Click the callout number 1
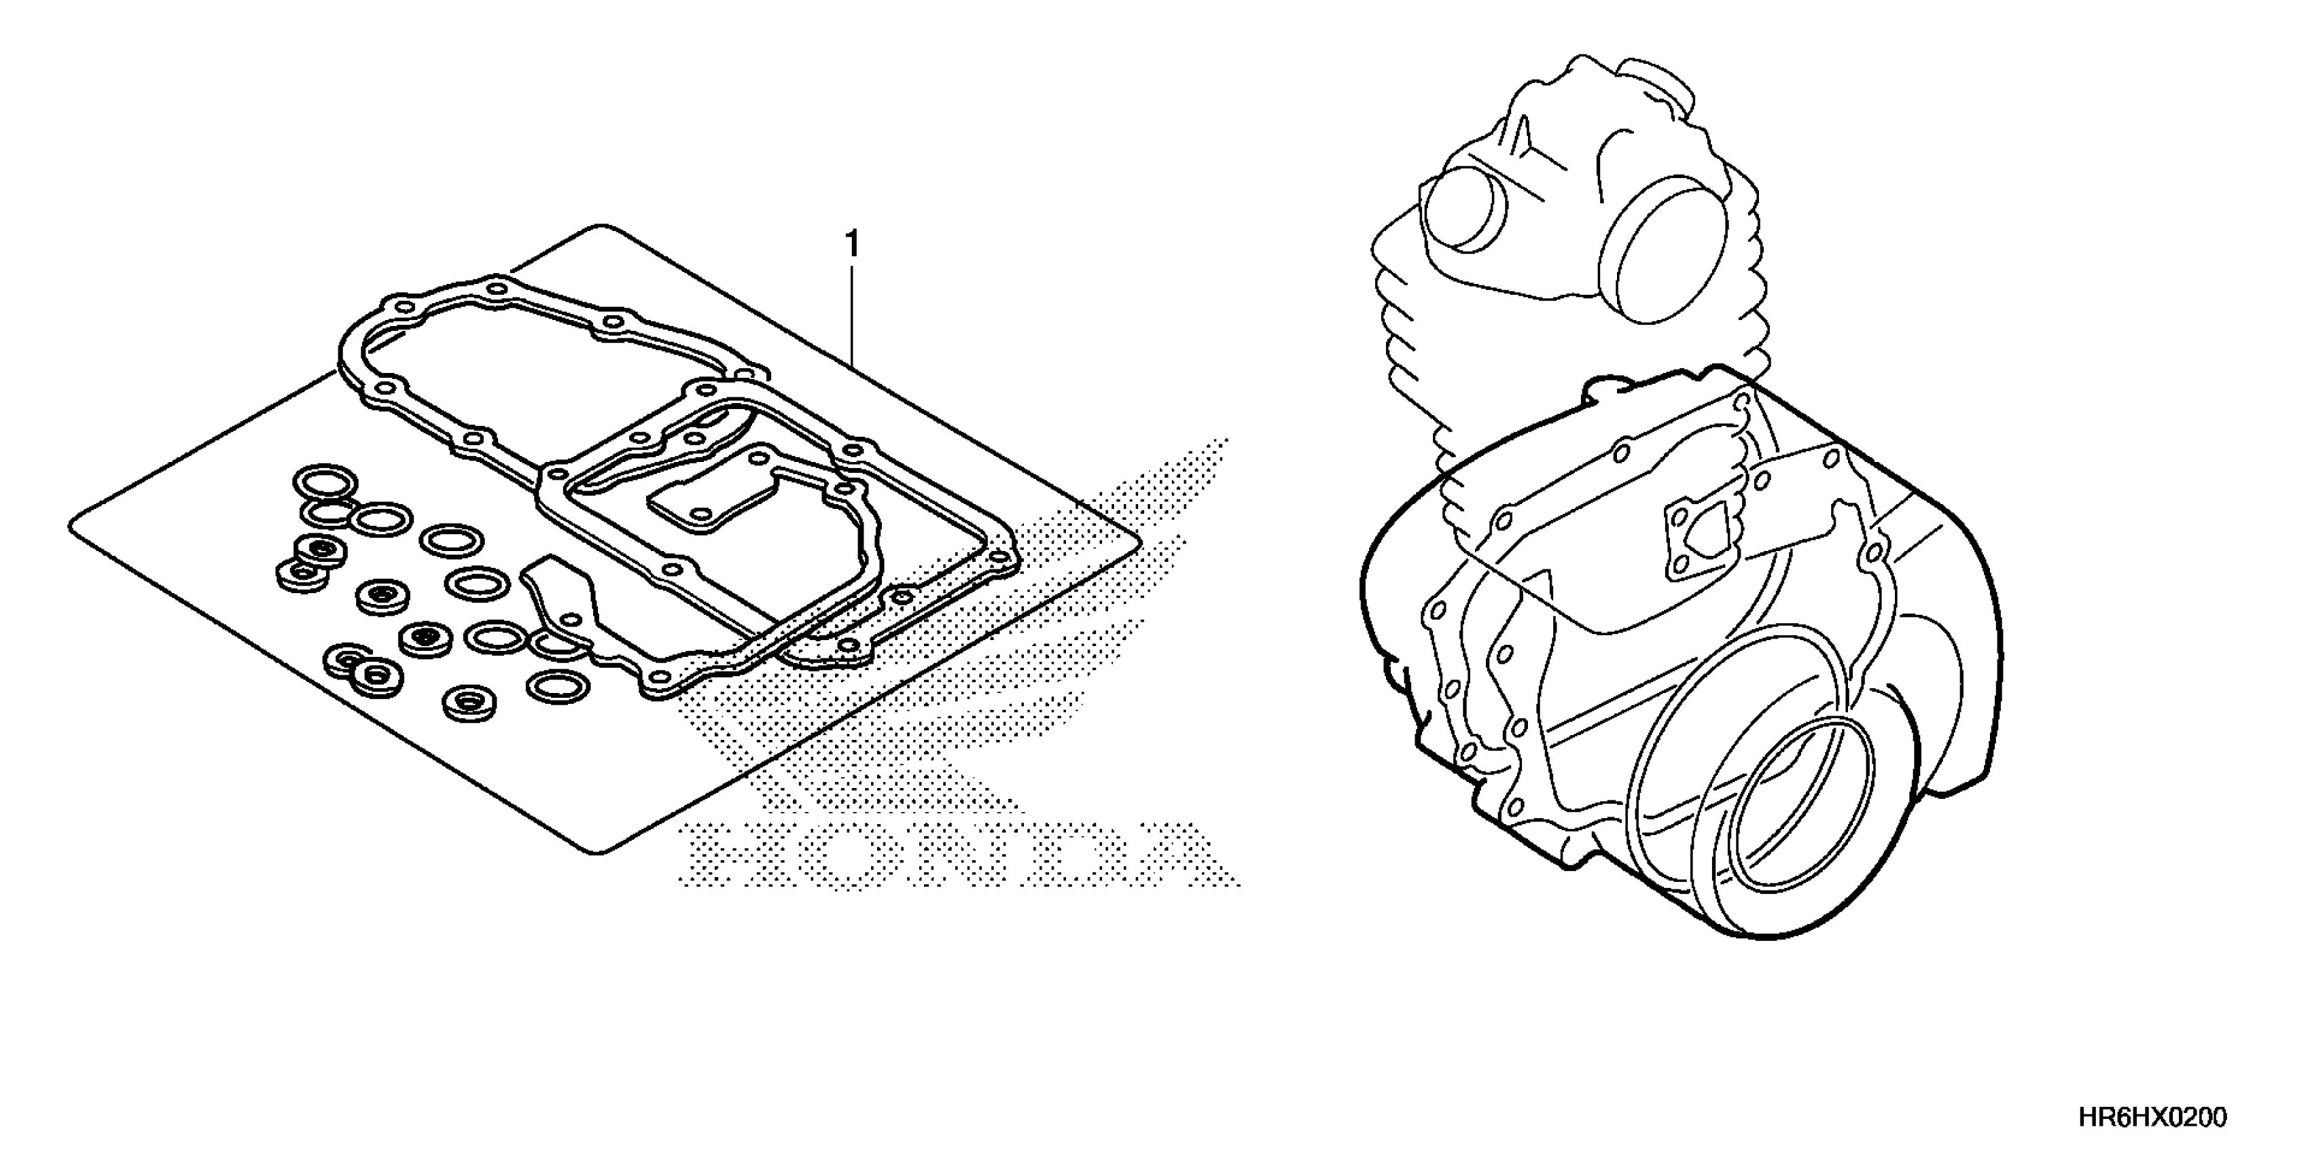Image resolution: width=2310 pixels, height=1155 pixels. [x=852, y=244]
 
